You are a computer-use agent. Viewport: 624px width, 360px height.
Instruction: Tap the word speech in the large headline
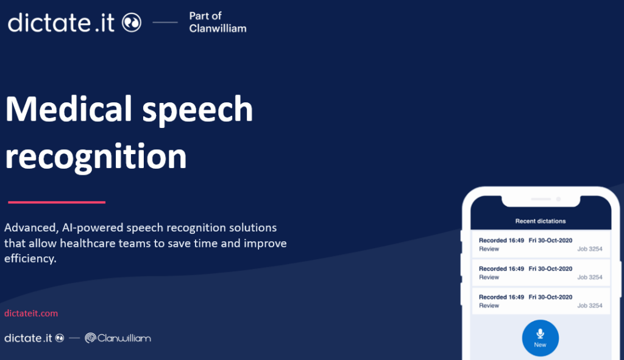[x=197, y=111]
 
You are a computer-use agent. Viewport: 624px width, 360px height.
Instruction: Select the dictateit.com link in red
[x=31, y=314]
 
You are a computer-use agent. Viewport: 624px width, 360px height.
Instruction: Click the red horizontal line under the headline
[x=57, y=202]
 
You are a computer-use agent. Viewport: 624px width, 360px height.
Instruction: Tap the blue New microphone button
[x=540, y=338]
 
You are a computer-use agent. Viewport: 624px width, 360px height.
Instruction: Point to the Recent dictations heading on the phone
[x=541, y=221]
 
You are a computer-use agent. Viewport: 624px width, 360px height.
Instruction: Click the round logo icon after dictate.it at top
[x=132, y=23]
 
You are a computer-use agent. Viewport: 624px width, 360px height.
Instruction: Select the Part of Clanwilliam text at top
[x=218, y=23]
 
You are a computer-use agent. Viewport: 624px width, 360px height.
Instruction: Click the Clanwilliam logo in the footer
[x=118, y=338]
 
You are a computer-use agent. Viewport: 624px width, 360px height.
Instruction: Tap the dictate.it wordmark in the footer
[x=28, y=338]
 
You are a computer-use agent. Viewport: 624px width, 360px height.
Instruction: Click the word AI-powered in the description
[x=93, y=228]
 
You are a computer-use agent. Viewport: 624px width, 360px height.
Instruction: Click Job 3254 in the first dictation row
[x=590, y=249]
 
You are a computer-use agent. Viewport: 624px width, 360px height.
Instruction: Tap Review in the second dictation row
[x=489, y=277]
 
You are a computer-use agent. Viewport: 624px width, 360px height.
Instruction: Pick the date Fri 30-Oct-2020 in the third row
[x=550, y=297]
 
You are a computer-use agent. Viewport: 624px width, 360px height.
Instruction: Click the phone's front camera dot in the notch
[x=558, y=199]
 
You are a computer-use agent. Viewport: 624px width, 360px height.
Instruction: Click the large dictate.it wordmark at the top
[x=62, y=23]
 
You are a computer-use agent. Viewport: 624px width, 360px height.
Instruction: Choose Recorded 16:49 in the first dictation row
[x=502, y=240]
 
